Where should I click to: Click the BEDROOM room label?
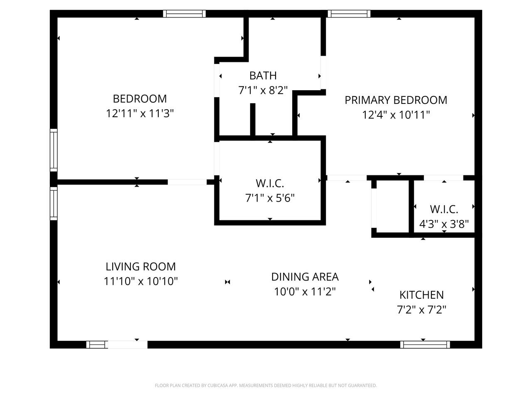click(x=140, y=99)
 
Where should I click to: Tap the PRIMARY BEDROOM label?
click(x=396, y=100)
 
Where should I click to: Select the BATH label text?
click(x=263, y=76)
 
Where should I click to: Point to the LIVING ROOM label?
click(x=140, y=266)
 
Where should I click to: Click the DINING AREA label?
click(x=305, y=277)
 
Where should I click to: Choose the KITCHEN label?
click(x=421, y=295)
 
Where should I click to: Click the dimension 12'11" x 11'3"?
click(x=140, y=113)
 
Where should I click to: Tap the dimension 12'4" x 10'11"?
click(x=396, y=115)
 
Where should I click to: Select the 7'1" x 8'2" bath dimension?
click(x=263, y=90)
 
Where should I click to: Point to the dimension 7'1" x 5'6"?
click(x=270, y=198)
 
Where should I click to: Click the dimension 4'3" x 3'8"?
click(x=444, y=224)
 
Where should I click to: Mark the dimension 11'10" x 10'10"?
click(x=140, y=281)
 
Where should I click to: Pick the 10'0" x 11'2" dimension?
click(x=305, y=291)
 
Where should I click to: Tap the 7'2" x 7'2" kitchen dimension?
click(x=421, y=310)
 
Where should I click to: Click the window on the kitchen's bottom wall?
click(x=425, y=345)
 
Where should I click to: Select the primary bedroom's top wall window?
click(x=349, y=14)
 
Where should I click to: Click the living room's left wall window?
click(x=54, y=204)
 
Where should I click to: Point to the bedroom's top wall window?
click(x=184, y=14)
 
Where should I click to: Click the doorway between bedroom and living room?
click(x=187, y=182)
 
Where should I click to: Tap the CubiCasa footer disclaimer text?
click(x=266, y=385)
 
